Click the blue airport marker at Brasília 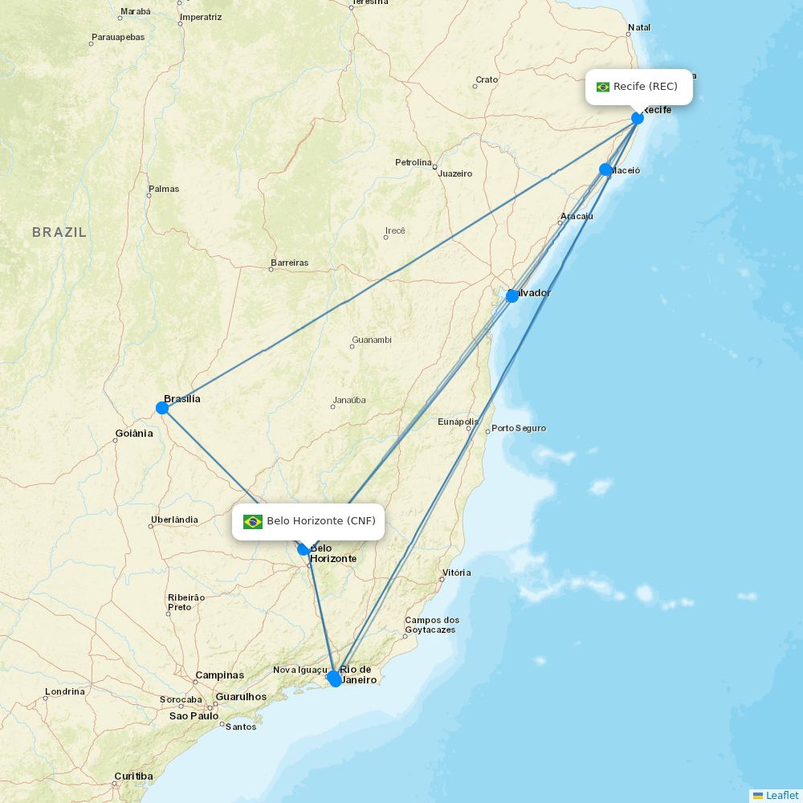(x=162, y=408)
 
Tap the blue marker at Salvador (x=512, y=296)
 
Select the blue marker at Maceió (x=605, y=169)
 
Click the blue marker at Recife (x=638, y=118)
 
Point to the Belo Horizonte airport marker (x=304, y=549)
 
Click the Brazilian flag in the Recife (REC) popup (x=603, y=87)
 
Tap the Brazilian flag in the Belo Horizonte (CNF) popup (x=253, y=522)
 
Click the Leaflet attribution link (x=781, y=795)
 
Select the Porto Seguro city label (x=519, y=428)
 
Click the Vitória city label (x=456, y=573)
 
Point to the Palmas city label (x=164, y=189)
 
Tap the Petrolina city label (x=414, y=162)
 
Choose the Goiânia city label (x=133, y=434)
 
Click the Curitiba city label (x=133, y=776)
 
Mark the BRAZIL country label (x=59, y=232)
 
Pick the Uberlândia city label (x=174, y=520)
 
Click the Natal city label (x=639, y=27)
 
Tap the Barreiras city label (x=290, y=263)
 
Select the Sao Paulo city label (x=194, y=715)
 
